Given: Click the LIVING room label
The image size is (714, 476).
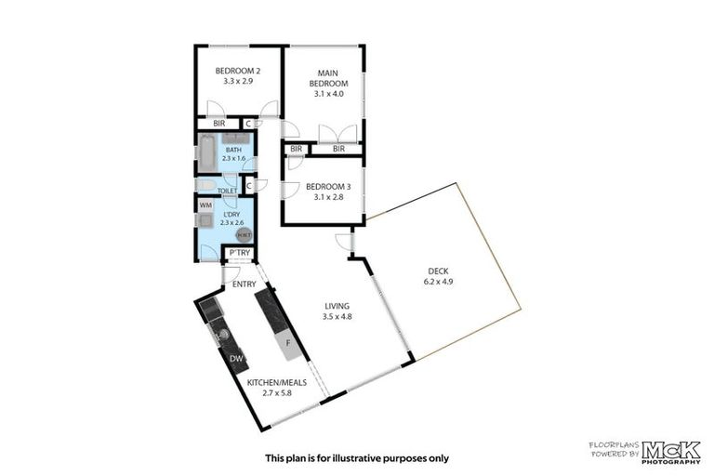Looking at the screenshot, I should click(x=337, y=306).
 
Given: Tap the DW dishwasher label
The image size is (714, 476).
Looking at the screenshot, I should click(x=236, y=358).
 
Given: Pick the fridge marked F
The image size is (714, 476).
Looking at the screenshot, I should click(x=289, y=342).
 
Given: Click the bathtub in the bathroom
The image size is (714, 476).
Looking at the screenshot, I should click(x=206, y=155).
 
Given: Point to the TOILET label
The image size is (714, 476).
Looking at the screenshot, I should click(x=226, y=190).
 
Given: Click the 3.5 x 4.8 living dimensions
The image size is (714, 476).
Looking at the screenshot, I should click(x=337, y=316).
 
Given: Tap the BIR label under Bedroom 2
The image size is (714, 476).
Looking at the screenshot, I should click(x=218, y=124).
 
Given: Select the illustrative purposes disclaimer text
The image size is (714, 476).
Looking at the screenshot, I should click(x=357, y=457).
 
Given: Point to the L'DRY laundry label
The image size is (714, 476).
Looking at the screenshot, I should click(x=232, y=213).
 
